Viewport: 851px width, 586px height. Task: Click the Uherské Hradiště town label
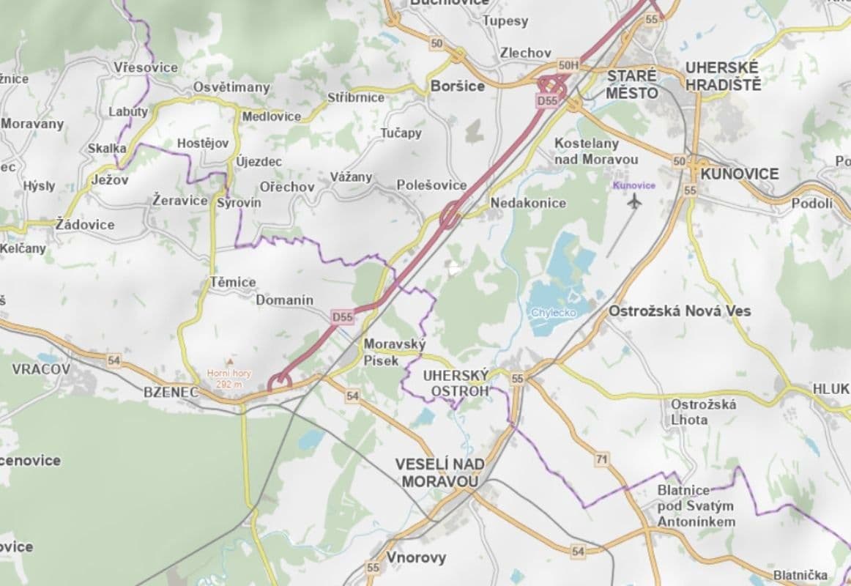[x=723, y=76]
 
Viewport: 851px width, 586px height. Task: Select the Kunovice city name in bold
[x=740, y=174]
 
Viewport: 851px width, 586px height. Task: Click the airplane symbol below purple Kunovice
[x=634, y=201]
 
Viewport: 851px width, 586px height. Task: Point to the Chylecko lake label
[x=554, y=313]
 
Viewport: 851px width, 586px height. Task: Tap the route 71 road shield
[x=602, y=459]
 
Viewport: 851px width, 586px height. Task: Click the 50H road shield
[x=568, y=65]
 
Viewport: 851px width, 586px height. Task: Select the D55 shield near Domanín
[x=342, y=317]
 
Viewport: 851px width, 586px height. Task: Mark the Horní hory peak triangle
[x=230, y=362]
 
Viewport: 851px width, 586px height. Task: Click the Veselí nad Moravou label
[x=439, y=472]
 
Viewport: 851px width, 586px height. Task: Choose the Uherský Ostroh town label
[x=456, y=383]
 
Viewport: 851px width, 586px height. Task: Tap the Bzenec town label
[x=171, y=392]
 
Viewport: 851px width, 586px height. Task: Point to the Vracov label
[x=41, y=369]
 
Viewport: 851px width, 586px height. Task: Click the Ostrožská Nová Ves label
[x=680, y=311]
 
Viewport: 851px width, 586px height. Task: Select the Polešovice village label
[x=431, y=185]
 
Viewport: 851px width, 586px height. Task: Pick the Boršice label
[x=458, y=86]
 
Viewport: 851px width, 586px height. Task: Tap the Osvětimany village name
[x=231, y=87]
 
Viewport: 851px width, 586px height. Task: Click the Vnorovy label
[x=416, y=557]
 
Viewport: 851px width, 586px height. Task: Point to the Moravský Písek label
[x=384, y=352]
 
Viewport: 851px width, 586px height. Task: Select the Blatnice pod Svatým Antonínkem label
[x=696, y=505]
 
